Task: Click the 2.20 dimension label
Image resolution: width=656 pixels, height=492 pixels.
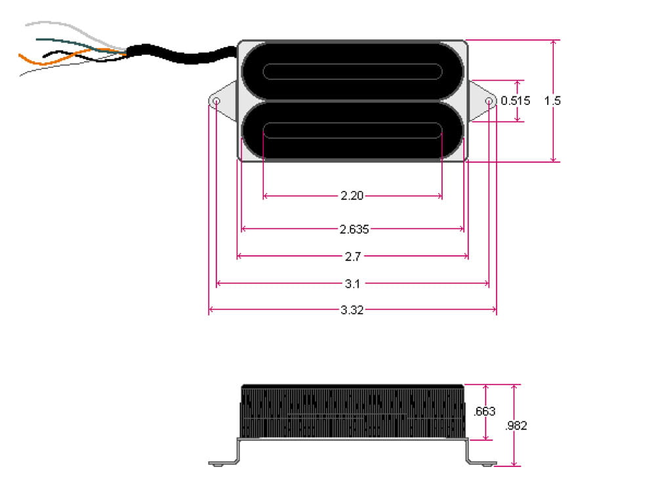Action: click(x=352, y=195)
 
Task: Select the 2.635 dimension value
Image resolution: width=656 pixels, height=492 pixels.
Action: click(x=354, y=229)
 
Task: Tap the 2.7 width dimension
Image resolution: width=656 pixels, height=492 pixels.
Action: click(x=352, y=256)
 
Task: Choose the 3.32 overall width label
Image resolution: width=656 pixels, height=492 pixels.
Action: click(x=352, y=310)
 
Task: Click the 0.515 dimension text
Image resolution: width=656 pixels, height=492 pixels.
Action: click(x=515, y=101)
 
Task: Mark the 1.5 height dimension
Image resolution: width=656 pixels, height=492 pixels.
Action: click(x=552, y=101)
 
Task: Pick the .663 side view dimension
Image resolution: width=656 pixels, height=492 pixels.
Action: click(x=484, y=412)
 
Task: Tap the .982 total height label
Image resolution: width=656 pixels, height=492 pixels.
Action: click(x=516, y=425)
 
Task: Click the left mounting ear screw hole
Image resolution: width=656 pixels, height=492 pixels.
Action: click(x=216, y=102)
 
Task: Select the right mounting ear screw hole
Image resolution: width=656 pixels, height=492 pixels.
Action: click(x=489, y=102)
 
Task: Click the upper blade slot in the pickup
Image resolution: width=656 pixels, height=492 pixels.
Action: click(x=352, y=71)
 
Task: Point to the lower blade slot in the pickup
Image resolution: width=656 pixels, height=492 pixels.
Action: click(x=352, y=131)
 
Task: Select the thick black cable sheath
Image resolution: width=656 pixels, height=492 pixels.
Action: click(x=184, y=55)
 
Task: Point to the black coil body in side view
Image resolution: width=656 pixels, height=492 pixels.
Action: click(x=352, y=412)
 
